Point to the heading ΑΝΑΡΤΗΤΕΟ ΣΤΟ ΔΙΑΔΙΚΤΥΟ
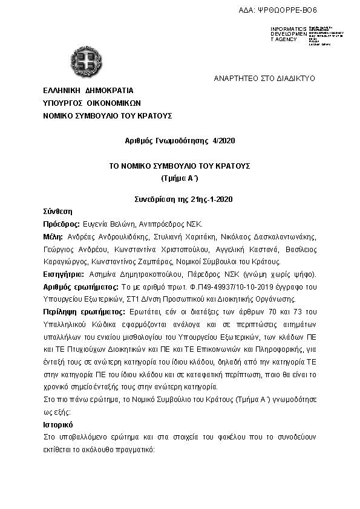pyautogui.click(x=265, y=79)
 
